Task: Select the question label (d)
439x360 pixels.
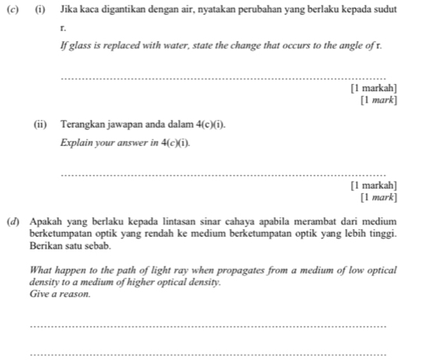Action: (11, 222)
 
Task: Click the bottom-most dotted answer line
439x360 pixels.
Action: (206, 354)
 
